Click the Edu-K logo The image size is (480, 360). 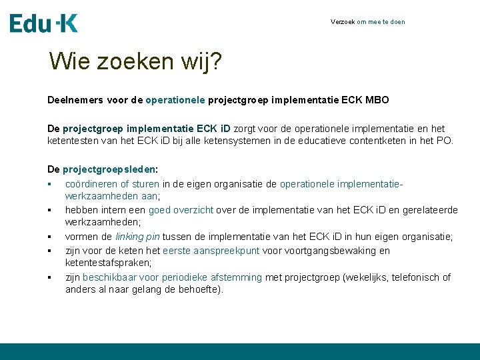[44, 23]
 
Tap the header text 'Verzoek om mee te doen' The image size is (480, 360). [367, 22]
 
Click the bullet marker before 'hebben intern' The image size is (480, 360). [50, 211]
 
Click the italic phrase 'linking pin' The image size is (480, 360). [137, 237]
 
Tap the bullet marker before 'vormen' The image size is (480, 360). [50, 237]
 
